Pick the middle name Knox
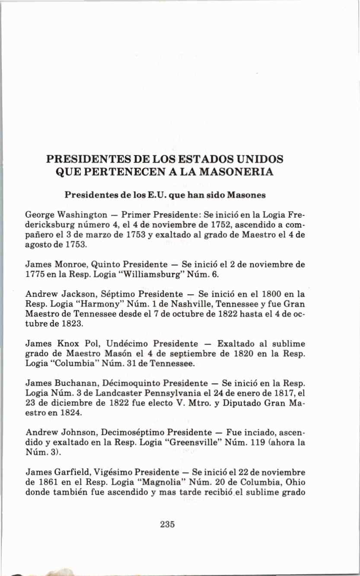(64, 344)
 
